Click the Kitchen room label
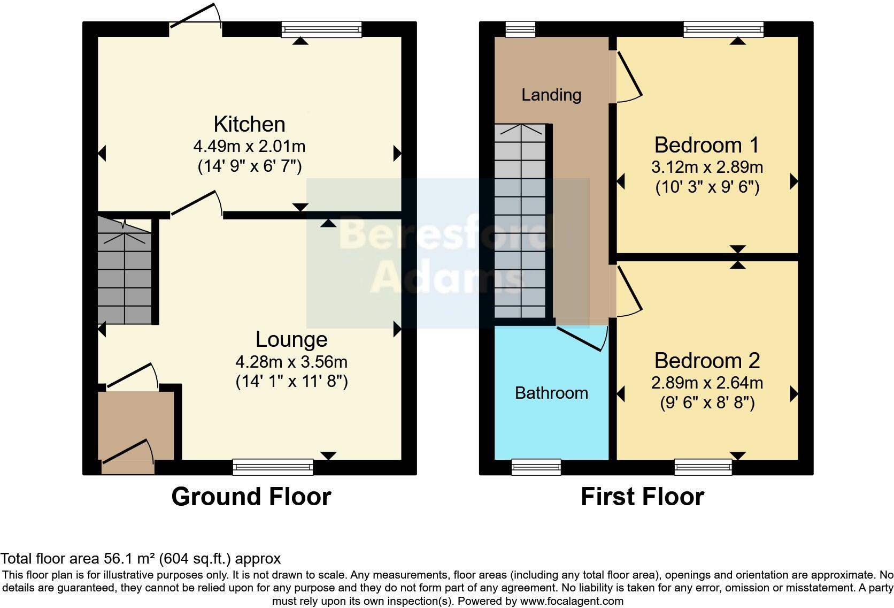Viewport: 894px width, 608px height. (249, 124)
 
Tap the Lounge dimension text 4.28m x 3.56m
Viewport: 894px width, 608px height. (291, 362)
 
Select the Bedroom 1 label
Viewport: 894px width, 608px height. (706, 145)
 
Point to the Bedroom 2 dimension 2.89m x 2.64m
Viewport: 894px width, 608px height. (707, 383)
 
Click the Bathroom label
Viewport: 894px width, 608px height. (551, 393)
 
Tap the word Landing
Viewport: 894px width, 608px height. (551, 95)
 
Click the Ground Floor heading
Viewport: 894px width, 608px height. (251, 497)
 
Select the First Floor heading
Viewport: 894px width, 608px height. (642, 497)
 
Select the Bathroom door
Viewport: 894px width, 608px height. (582, 338)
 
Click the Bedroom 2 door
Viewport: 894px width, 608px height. (628, 292)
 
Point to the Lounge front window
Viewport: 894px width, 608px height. (273, 467)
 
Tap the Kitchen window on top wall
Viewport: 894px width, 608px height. (322, 29)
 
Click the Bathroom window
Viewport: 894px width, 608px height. (536, 467)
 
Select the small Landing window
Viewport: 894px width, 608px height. (520, 29)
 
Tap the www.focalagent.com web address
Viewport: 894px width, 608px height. (571, 601)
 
